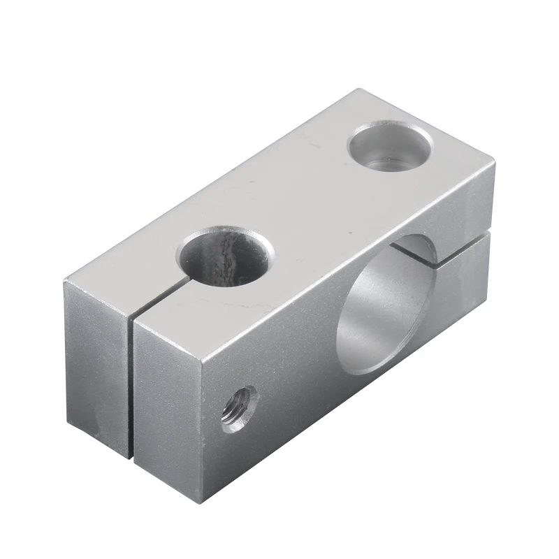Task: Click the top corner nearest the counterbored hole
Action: point(360,89)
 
